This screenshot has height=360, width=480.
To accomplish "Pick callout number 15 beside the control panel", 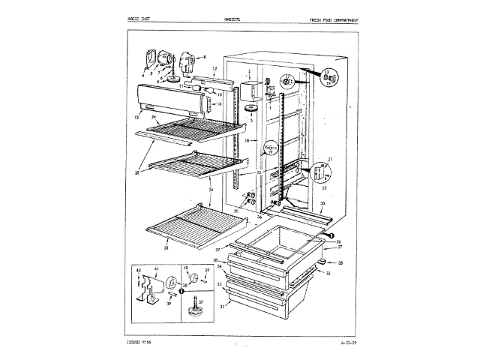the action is click(137, 118).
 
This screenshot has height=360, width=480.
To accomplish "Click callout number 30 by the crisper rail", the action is click(322, 204).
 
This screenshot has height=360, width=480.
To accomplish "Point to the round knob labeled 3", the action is click(249, 110).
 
